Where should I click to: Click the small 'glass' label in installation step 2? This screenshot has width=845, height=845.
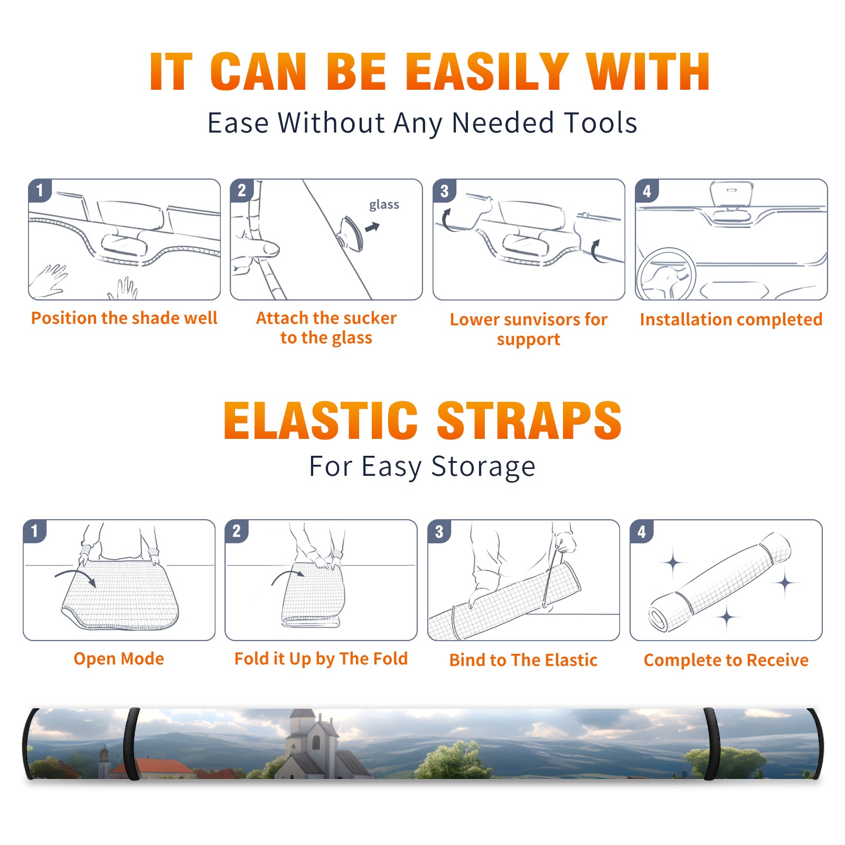click(x=384, y=205)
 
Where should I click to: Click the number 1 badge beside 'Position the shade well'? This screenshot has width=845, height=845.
click(x=40, y=190)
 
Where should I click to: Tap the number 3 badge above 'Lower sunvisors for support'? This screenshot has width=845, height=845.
click(x=444, y=191)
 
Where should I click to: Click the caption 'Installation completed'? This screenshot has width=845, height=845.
click(x=731, y=320)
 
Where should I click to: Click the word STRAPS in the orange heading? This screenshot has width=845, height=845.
click(x=529, y=420)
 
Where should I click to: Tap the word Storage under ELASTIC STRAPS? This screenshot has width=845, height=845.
click(x=483, y=467)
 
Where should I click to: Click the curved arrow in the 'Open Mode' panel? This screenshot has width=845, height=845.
click(x=76, y=576)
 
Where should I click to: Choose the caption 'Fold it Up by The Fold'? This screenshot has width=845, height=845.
click(x=321, y=659)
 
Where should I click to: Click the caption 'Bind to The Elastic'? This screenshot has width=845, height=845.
click(x=523, y=660)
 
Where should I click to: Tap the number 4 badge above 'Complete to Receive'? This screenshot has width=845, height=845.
click(x=642, y=531)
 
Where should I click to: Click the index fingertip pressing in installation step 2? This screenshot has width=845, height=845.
click(x=273, y=248)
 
